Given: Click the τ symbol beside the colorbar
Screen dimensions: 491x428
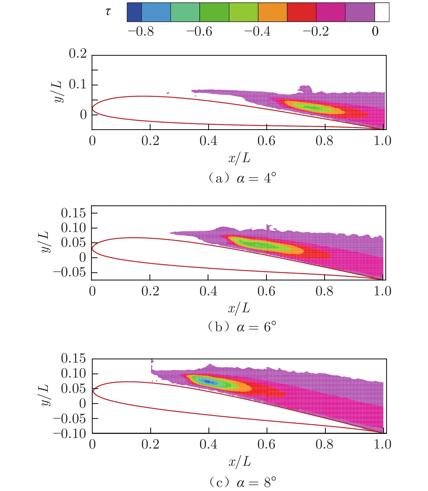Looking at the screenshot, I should [x=108, y=11].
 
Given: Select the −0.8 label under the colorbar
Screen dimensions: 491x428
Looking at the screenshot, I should [x=141, y=32].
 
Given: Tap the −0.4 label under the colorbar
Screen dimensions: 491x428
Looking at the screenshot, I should [x=257, y=32].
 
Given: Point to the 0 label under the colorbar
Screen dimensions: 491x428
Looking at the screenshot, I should [x=375, y=32].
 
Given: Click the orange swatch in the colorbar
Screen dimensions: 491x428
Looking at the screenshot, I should [x=272, y=12].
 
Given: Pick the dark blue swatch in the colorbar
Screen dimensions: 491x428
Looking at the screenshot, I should [x=134, y=12].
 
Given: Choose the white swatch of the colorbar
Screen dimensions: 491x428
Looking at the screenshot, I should [x=382, y=12].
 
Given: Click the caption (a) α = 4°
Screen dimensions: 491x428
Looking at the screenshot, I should [x=242, y=178].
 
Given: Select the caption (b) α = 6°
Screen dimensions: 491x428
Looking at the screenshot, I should [x=242, y=327].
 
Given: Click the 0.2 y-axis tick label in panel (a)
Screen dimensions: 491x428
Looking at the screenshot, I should [x=78, y=54].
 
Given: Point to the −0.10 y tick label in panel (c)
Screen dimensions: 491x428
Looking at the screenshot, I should [x=70, y=434].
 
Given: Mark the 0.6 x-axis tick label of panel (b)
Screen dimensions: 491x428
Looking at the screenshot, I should [x=266, y=291].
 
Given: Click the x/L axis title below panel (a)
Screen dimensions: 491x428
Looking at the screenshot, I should [x=239, y=158].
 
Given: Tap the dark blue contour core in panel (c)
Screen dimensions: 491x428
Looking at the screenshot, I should [x=208, y=382].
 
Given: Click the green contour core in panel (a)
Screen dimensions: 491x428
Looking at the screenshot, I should [x=313, y=108].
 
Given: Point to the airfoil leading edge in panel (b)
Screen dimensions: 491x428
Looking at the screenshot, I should [x=92, y=248].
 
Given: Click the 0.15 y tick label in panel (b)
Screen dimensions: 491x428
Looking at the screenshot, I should [x=73, y=213].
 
